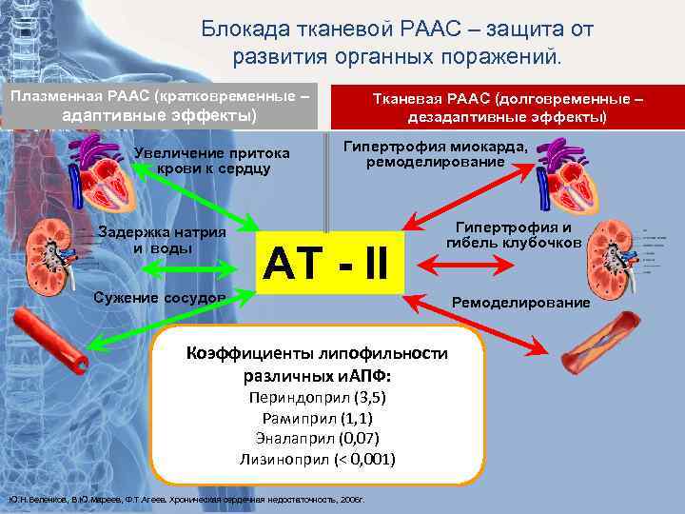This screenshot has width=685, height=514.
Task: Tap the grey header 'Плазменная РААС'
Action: tap(159, 107)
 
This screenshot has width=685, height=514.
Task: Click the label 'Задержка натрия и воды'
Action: tap(162, 241)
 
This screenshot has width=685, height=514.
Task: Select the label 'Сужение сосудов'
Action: tap(159, 297)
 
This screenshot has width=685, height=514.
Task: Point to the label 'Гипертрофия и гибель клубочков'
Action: tap(513, 235)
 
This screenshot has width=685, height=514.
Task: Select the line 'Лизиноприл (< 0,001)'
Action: tap(318, 459)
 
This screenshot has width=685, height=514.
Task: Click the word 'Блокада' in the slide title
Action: tap(240, 30)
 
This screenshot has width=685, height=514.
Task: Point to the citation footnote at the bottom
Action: tap(190, 499)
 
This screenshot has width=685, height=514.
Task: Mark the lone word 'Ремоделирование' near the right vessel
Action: tap(519, 303)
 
